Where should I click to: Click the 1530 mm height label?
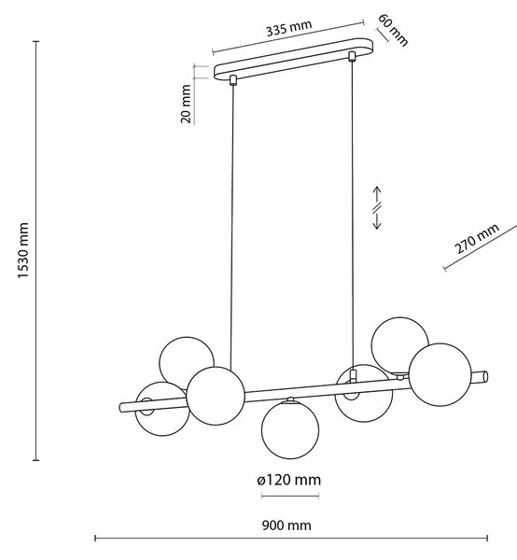click(23, 250)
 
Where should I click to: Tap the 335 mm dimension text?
click(289, 28)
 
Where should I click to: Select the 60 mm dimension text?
click(393, 30)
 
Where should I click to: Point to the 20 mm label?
click(186, 104)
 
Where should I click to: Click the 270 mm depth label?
click(476, 239)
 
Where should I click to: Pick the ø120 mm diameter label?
click(289, 480)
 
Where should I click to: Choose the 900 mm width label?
click(286, 525)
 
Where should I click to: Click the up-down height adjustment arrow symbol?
click(377, 207)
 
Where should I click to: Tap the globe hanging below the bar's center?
click(290, 429)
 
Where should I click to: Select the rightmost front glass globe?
click(440, 374)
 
